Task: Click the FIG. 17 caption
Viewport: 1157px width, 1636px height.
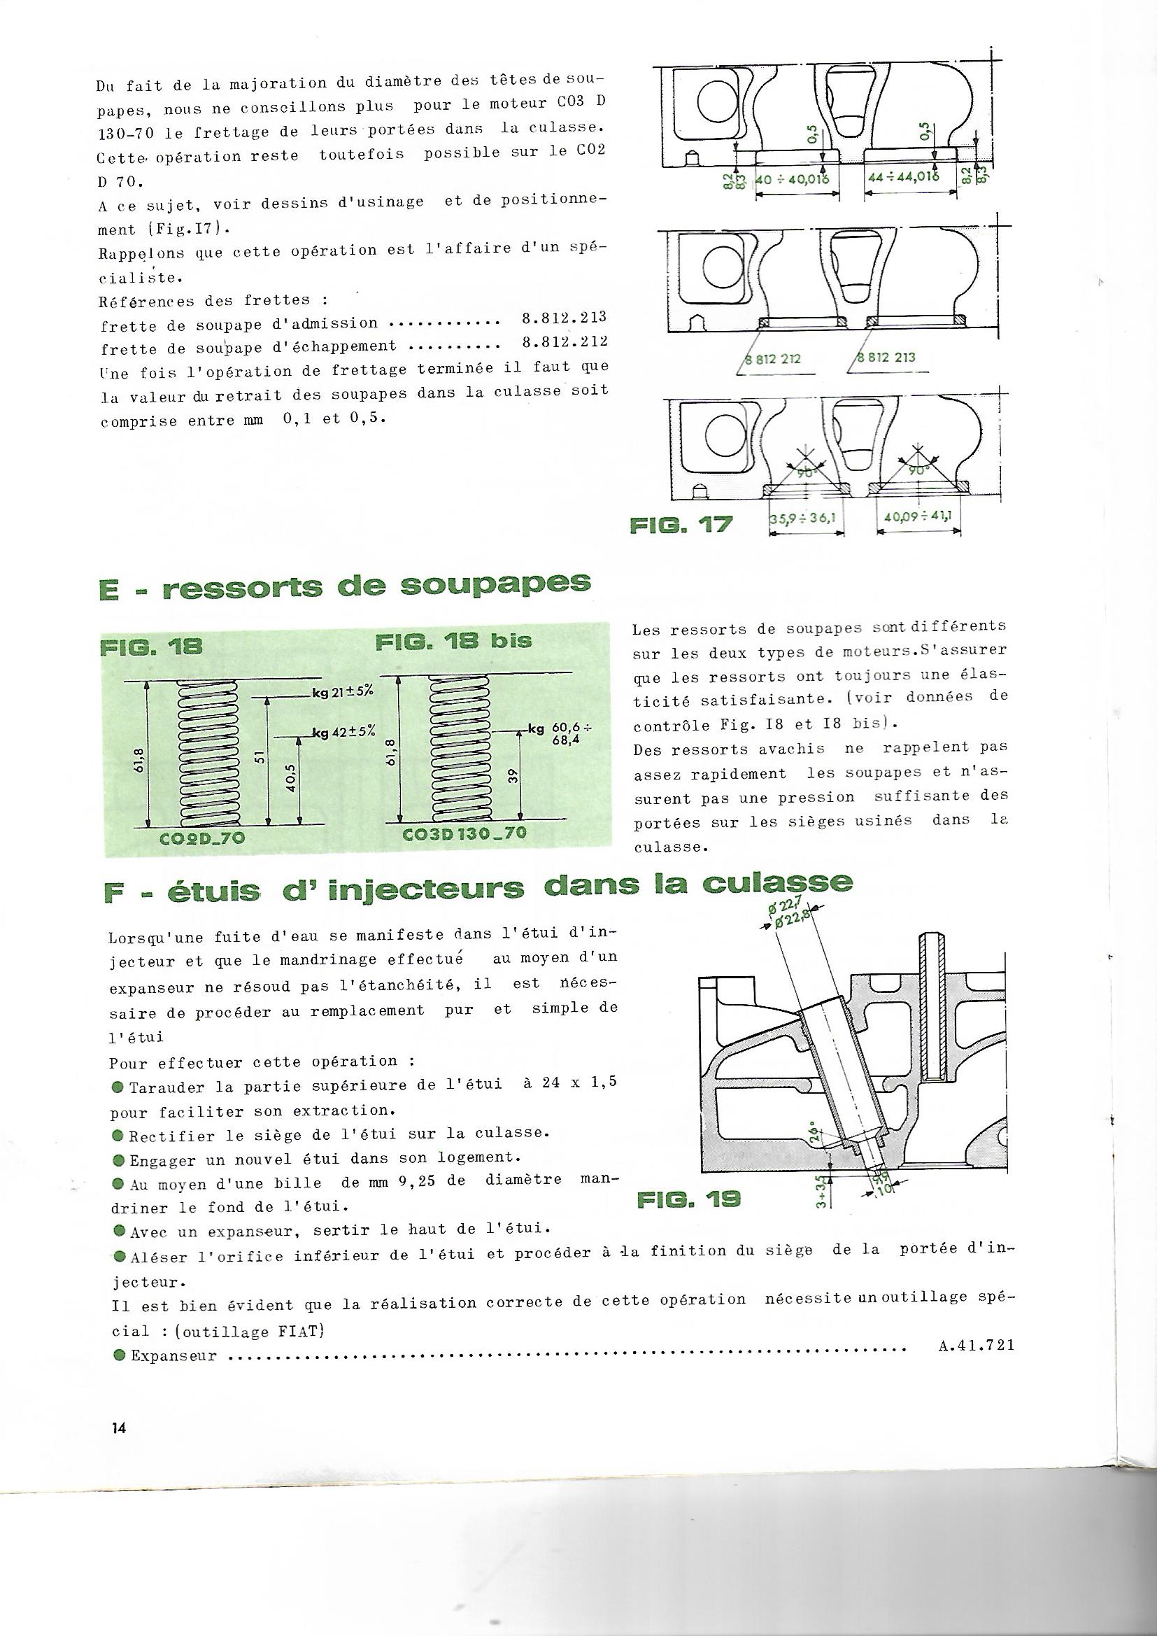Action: coord(681,527)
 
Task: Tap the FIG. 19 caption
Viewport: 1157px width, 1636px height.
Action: coord(688,1200)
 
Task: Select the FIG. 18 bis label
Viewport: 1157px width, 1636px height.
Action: coord(453,640)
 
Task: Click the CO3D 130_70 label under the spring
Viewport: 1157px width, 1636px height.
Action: coord(464,833)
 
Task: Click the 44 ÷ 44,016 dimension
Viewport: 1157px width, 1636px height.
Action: coord(905,178)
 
